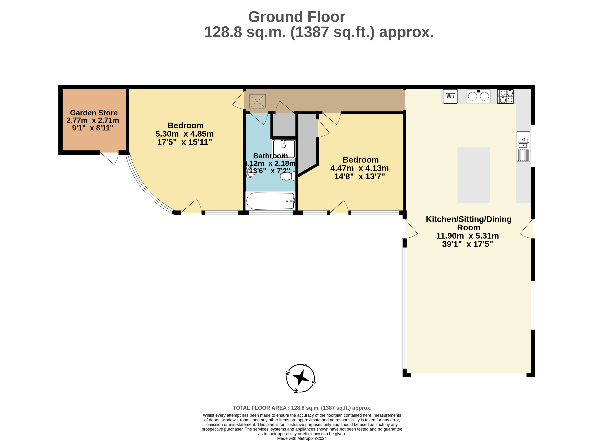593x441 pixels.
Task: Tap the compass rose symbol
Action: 300,378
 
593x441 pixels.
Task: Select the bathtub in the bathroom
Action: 270,201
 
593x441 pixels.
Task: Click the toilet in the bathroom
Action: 288,176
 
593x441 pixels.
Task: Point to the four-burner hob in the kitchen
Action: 505,96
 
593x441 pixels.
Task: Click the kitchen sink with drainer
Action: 523,147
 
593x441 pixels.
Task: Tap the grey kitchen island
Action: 474,175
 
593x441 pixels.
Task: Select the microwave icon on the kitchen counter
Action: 450,96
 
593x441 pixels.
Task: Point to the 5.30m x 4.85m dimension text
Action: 184,134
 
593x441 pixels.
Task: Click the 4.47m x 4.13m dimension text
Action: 359,168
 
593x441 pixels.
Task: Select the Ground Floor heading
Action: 297,17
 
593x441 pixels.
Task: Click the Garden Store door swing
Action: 110,158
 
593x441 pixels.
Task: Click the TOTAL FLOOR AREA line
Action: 302,408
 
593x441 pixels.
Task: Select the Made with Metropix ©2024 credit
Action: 302,438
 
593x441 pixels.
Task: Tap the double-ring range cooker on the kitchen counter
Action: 478,96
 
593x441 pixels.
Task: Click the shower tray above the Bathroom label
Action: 284,149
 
